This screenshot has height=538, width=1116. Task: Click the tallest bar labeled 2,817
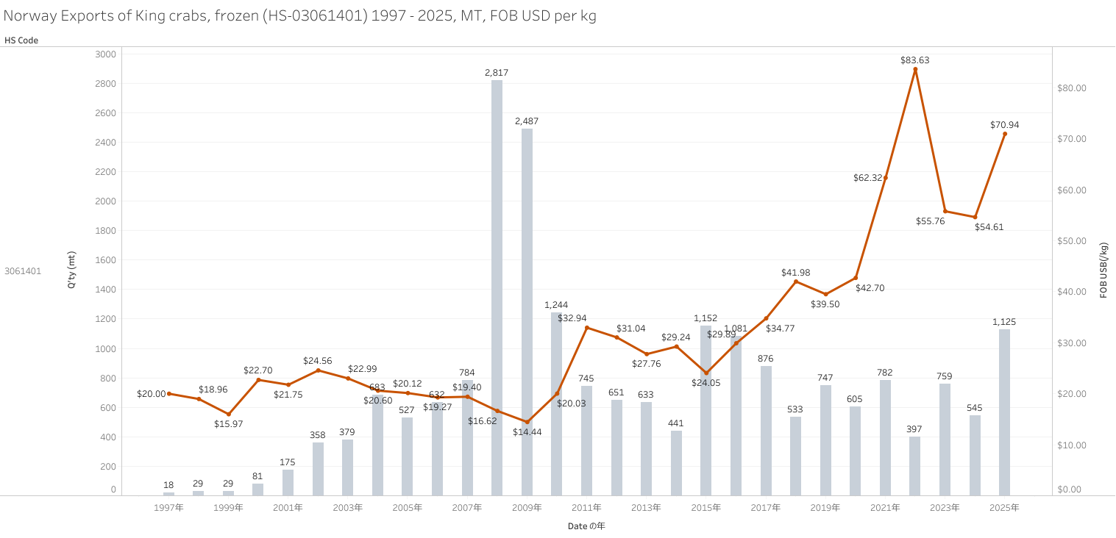click(x=497, y=287)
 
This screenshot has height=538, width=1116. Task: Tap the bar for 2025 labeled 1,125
click(x=1004, y=412)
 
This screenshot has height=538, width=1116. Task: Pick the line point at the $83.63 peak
click(x=915, y=69)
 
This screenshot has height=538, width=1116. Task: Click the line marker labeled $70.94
click(x=1005, y=134)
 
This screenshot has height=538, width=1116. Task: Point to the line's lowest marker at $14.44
click(x=527, y=422)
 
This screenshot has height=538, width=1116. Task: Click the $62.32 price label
click(x=868, y=178)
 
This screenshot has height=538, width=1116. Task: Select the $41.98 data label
click(x=795, y=273)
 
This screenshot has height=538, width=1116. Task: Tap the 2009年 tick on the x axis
click(x=527, y=508)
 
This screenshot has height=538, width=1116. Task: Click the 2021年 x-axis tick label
click(x=885, y=508)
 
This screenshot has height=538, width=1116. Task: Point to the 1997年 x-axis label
click(x=168, y=508)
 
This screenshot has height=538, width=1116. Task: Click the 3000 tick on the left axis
click(x=106, y=54)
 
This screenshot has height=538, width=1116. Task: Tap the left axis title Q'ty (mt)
click(x=71, y=270)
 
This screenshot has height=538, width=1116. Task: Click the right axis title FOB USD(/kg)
click(x=1103, y=270)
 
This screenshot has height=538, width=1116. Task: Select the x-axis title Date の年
click(x=586, y=526)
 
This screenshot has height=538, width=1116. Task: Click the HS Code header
click(x=21, y=40)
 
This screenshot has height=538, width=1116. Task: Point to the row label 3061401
click(x=23, y=270)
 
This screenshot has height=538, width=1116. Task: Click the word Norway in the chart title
click(x=29, y=16)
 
